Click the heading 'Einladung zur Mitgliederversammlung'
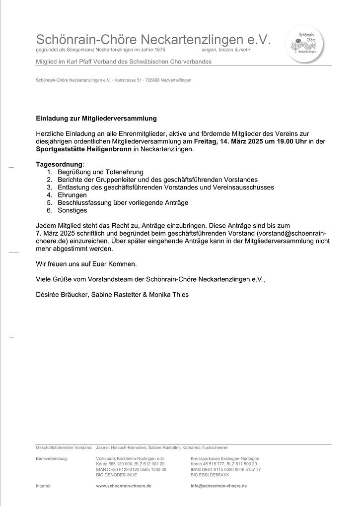pyautogui.click(x=96, y=119)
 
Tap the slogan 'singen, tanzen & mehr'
pyautogui.click(x=226, y=50)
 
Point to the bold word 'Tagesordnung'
pyautogui.click(x=59, y=164)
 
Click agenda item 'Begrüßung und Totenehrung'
pyautogui.click(x=100, y=172)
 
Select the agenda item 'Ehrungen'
pyautogui.click(x=72, y=195)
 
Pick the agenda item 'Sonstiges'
pyautogui.click(x=72, y=210)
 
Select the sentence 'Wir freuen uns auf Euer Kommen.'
pyautogui.click(x=86, y=264)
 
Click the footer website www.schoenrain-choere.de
pyautogui.click(x=123, y=486)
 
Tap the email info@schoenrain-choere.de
pyautogui.click(x=218, y=486)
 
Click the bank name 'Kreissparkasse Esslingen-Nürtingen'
pyautogui.click(x=225, y=458)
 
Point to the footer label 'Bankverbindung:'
pyautogui.click(x=52, y=458)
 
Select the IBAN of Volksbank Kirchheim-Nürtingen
pyautogui.click(x=131, y=469)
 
